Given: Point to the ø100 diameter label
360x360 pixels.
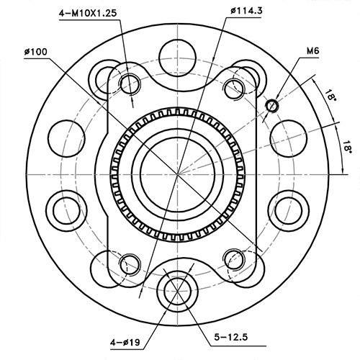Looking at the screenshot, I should [x=35, y=53].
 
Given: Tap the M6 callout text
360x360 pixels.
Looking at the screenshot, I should [x=312, y=51].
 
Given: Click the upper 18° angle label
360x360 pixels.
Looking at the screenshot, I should [x=330, y=96].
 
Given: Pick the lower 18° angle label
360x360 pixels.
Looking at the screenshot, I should [x=348, y=146].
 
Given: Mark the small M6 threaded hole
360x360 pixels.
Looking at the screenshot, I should [x=271, y=107].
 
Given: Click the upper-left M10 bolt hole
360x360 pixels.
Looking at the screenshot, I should [x=130, y=83].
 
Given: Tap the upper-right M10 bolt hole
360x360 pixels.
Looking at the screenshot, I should [x=234, y=88].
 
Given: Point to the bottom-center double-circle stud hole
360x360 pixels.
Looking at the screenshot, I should [x=177, y=291].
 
